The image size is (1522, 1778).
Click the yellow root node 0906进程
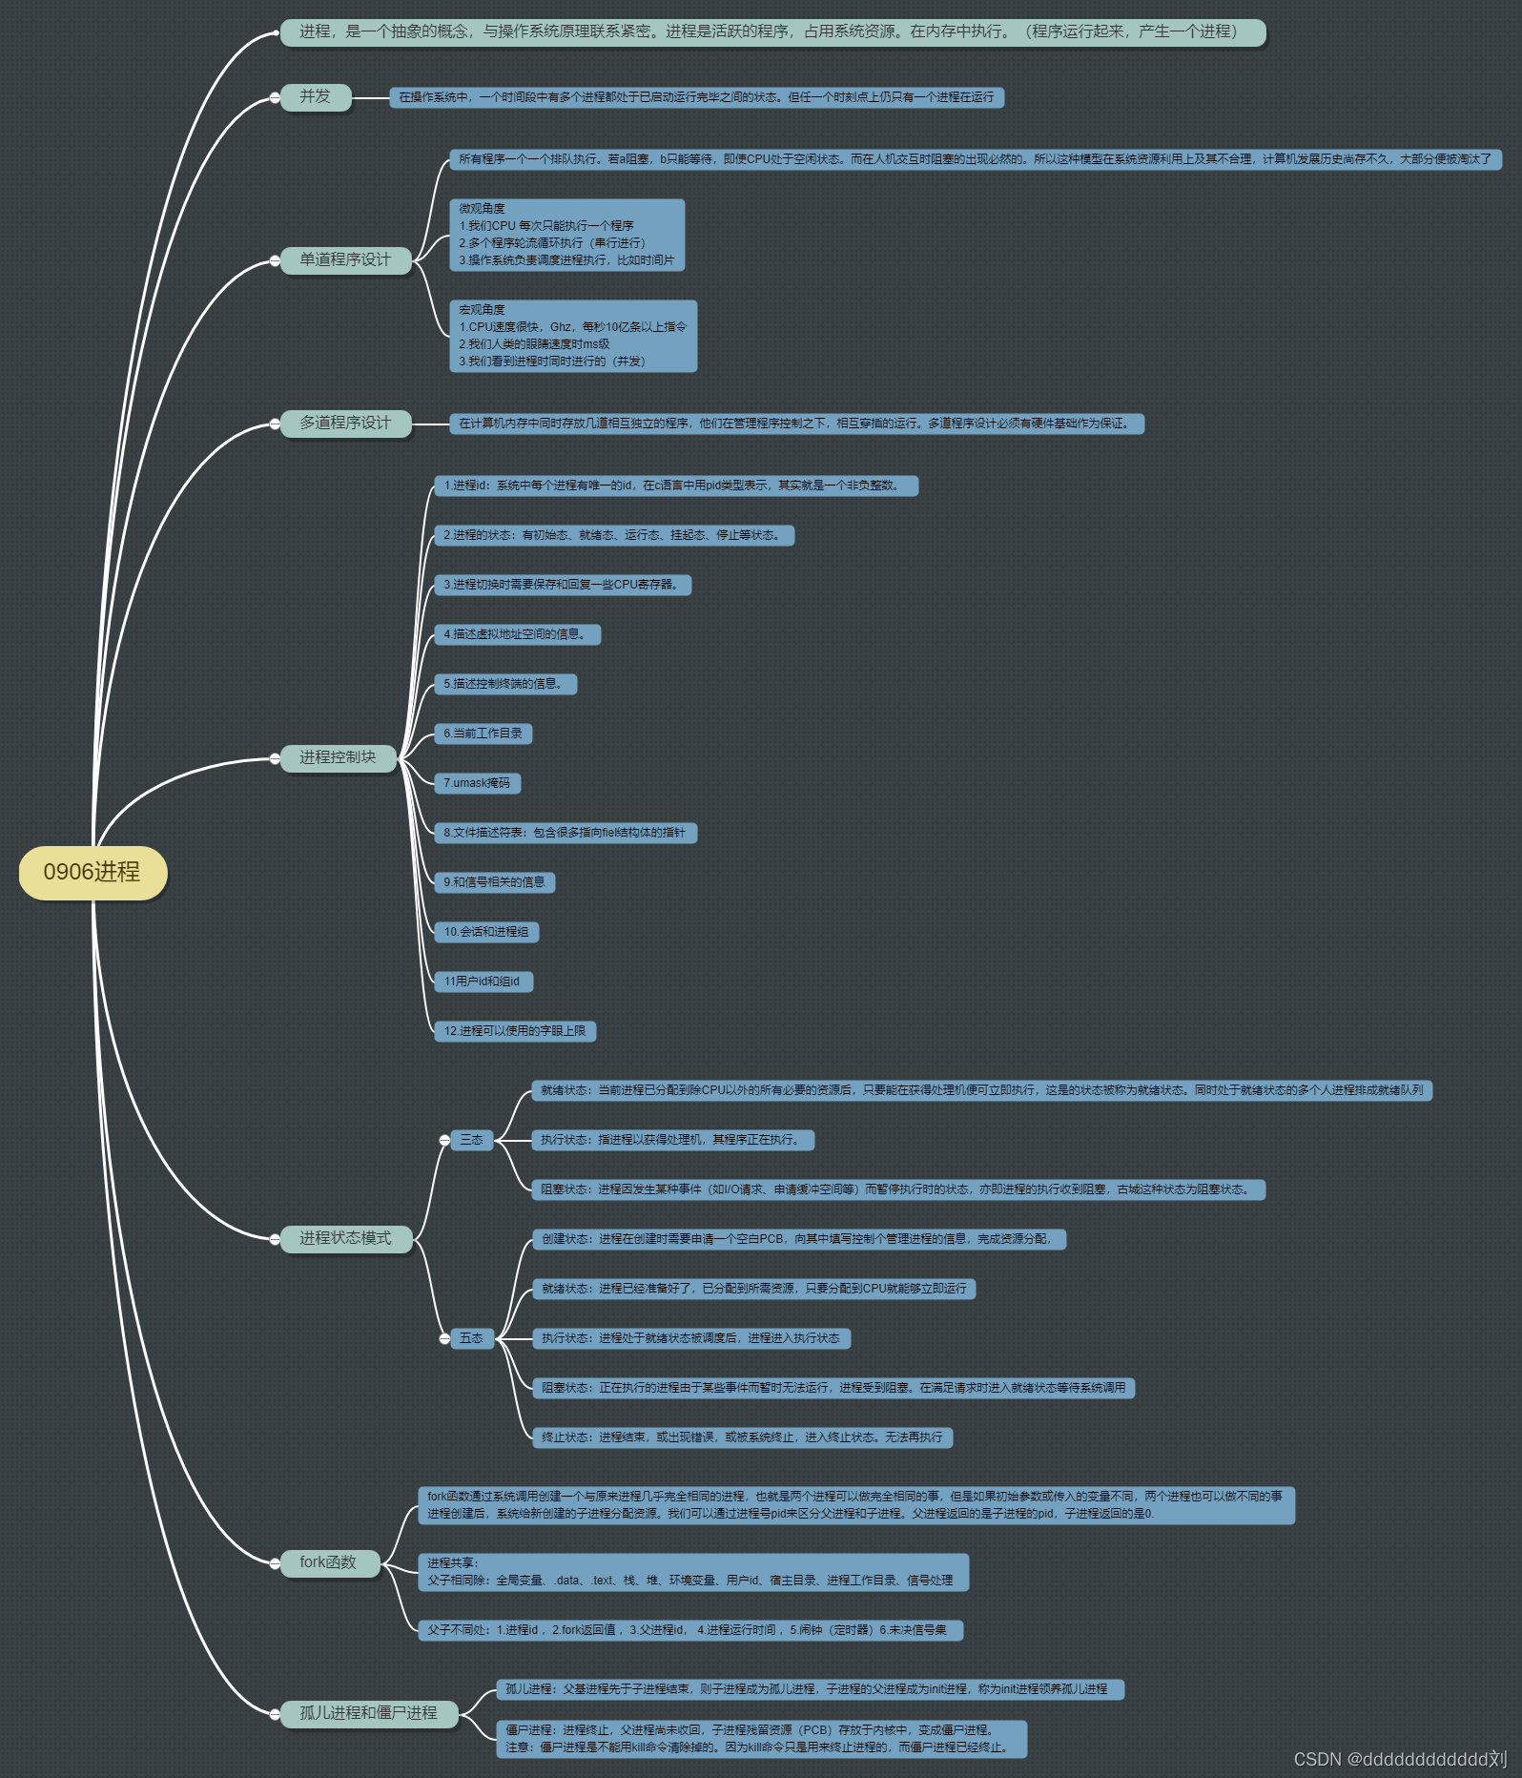(93, 872)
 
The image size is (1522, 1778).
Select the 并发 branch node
(316, 96)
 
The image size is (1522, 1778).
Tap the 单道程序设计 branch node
(345, 259)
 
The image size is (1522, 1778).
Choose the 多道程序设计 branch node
(345, 423)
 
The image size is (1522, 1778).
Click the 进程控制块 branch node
(338, 757)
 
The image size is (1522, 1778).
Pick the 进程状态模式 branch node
(345, 1238)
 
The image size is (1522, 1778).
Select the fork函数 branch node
(328, 1562)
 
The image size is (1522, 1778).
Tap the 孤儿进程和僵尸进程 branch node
(369, 1713)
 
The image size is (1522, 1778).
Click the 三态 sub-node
(472, 1140)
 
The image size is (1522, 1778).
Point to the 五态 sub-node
(472, 1338)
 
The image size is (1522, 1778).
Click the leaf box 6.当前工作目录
(483, 734)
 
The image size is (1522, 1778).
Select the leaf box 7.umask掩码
(477, 783)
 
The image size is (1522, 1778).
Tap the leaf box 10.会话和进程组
(486, 932)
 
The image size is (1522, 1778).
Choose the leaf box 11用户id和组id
(483, 982)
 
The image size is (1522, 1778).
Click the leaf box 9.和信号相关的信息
(494, 882)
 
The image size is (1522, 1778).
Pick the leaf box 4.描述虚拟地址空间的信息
(517, 634)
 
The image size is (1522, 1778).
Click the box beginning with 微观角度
(566, 235)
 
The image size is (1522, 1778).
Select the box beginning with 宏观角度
(572, 336)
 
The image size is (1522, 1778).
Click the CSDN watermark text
(1400, 1759)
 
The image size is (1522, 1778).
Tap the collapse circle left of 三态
(444, 1140)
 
